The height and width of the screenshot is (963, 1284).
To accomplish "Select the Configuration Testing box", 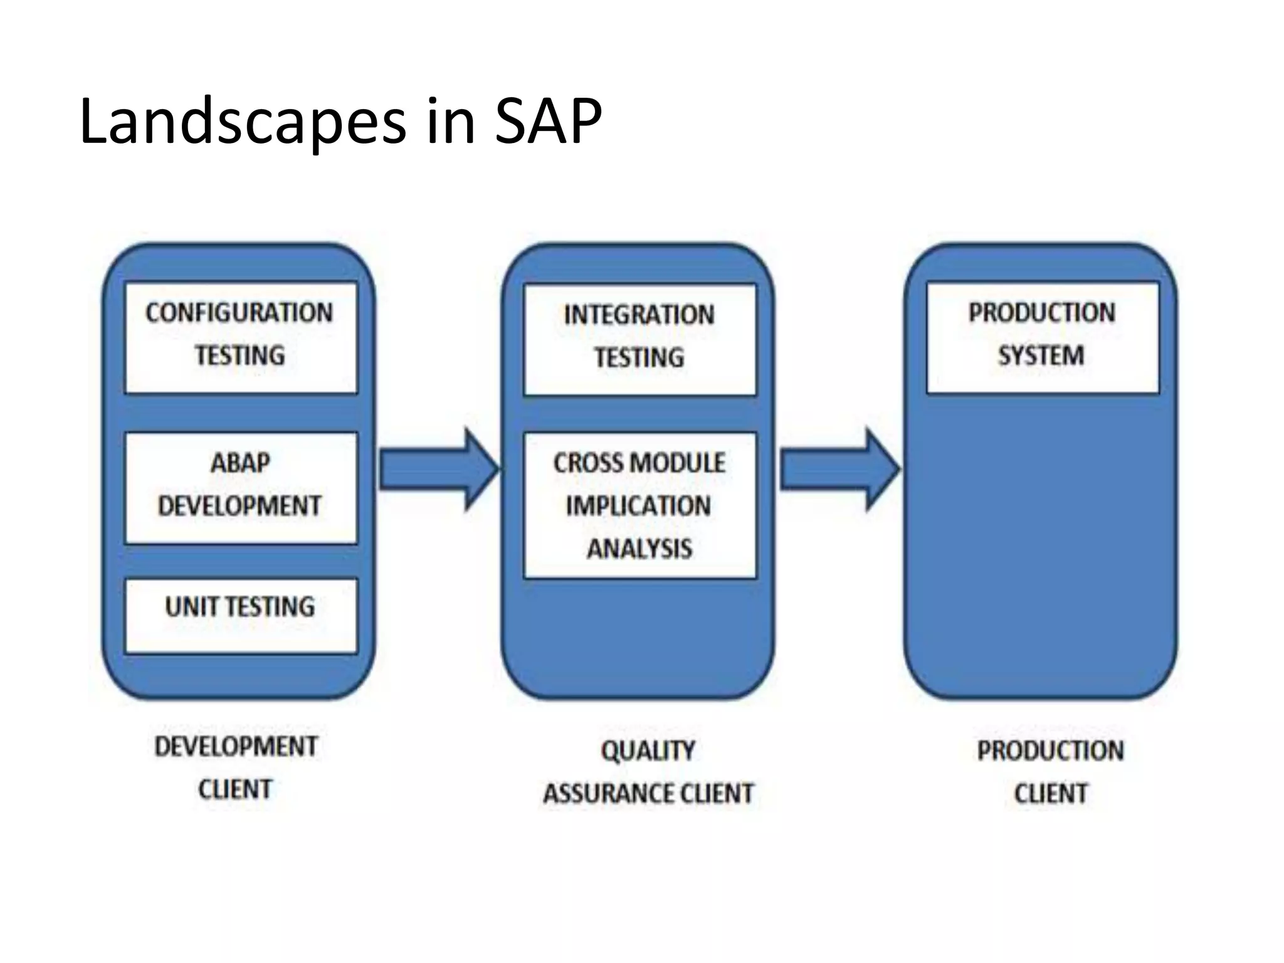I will [241, 337].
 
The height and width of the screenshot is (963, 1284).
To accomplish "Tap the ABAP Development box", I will [241, 487].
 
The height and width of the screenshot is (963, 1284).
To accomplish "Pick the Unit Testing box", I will [241, 616].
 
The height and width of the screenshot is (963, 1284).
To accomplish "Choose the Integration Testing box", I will [639, 339].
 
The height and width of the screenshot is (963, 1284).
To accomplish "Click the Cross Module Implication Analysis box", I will [639, 505].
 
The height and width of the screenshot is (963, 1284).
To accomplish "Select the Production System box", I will [1042, 337].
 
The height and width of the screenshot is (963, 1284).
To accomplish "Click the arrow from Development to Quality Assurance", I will [438, 469].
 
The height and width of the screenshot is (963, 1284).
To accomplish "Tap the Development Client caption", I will [236, 767].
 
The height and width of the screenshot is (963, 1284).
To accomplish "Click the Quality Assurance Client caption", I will [648, 772].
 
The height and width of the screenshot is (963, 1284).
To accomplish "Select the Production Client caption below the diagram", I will [1050, 772].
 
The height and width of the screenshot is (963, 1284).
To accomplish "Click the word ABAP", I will [241, 463].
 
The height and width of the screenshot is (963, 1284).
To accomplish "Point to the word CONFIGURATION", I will [239, 312].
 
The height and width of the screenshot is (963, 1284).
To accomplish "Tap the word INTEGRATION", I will [639, 315].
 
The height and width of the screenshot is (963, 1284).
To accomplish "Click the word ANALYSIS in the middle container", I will [639, 549].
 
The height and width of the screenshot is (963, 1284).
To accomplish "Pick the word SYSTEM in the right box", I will [1041, 355].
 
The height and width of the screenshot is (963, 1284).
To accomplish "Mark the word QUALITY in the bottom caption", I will [648, 750].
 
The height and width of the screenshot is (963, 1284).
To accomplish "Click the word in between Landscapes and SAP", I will [450, 122].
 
